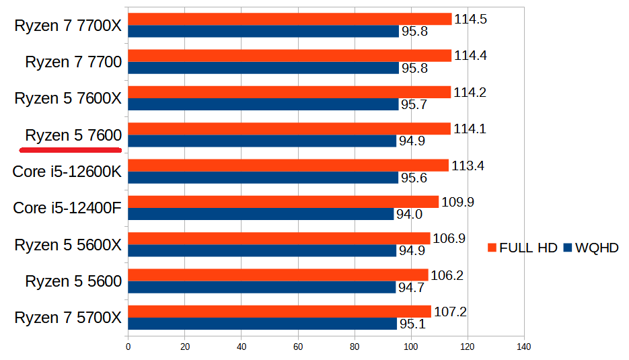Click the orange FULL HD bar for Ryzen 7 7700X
pyautogui.click(x=289, y=19)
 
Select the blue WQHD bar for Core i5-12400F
pyautogui.click(x=261, y=214)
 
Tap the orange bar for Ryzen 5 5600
pyautogui.click(x=278, y=275)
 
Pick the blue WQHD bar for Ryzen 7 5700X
pyautogui.click(x=262, y=324)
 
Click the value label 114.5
pyautogui.click(x=470, y=19)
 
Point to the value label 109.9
pyautogui.click(x=457, y=202)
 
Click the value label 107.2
pyautogui.click(x=450, y=312)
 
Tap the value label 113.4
pyautogui.click(x=468, y=166)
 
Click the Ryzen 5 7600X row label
pyautogui.click(x=68, y=99)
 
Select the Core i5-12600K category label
pyautogui.click(x=67, y=172)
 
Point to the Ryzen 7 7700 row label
pyautogui.click(x=73, y=63)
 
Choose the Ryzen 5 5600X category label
pyautogui.click(x=68, y=245)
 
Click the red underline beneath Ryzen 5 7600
pyautogui.click(x=71, y=147)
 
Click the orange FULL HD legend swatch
pyautogui.click(x=491, y=248)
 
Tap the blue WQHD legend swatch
pyautogui.click(x=567, y=248)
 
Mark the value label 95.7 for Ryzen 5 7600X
pyautogui.click(x=414, y=105)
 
